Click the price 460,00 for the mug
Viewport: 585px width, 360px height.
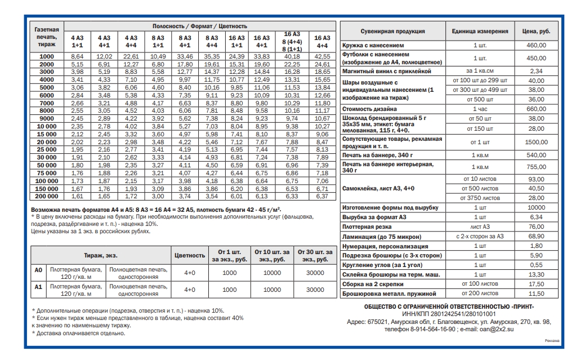point(536,45)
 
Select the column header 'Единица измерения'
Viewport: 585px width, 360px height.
point(480,32)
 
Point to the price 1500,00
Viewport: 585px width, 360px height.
point(536,142)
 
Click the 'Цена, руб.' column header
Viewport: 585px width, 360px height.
point(536,32)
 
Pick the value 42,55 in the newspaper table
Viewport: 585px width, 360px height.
point(322,56)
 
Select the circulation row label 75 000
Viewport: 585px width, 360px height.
point(47,173)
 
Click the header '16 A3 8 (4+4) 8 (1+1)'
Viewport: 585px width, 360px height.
point(291,41)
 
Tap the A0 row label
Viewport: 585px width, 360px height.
point(38,270)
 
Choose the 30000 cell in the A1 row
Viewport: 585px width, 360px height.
point(315,290)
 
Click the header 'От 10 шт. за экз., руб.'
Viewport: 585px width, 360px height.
point(273,255)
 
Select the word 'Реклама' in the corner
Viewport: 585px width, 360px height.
point(552,340)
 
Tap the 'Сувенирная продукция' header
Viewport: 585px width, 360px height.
point(392,32)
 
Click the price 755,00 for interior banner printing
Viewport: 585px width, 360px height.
point(536,167)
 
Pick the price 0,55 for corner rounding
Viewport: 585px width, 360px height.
point(536,265)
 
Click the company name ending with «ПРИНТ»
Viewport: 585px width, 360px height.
point(449,306)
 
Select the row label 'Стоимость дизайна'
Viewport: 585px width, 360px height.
point(372,109)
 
